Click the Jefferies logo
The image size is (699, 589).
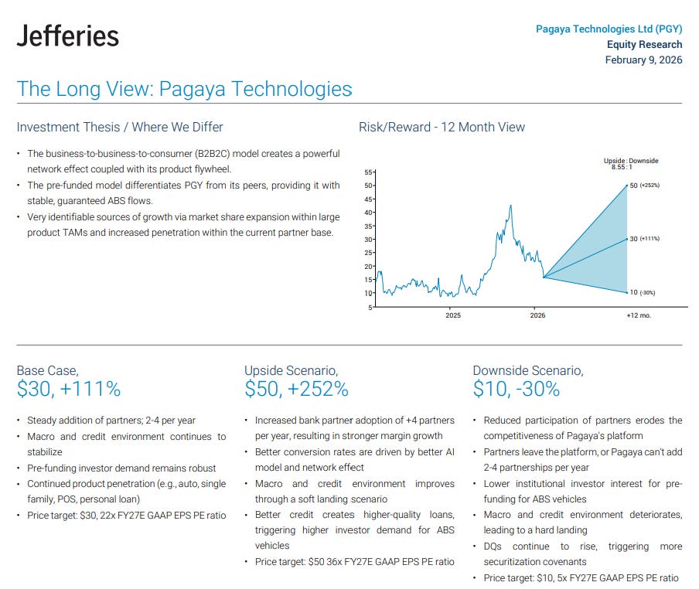(68, 36)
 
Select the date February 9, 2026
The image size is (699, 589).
(643, 60)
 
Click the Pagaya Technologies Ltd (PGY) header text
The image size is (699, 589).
(609, 29)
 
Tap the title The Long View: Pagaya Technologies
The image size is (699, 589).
(184, 89)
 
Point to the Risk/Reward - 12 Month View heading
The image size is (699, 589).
(442, 127)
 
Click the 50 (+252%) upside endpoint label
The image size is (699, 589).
(644, 186)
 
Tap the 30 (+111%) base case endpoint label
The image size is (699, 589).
(644, 239)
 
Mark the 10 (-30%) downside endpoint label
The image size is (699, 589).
(643, 292)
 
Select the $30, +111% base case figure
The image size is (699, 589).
(69, 389)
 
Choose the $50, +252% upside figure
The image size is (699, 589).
(296, 389)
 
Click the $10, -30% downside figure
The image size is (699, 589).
(516, 389)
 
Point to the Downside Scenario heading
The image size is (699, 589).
(527, 370)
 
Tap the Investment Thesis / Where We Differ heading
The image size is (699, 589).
(120, 127)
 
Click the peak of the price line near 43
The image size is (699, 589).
(510, 206)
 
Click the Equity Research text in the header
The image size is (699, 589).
(644, 45)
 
